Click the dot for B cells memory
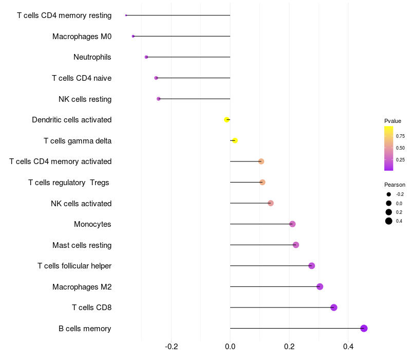point(364,328)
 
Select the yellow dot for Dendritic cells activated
point(227,120)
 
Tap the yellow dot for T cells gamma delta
point(235,140)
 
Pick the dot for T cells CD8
point(333,308)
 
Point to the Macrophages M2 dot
point(320,286)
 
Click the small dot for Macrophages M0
point(133,36)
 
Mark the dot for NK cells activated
point(271,203)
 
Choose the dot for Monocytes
point(292,224)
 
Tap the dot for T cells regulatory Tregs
point(263,182)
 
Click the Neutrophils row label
point(92,57)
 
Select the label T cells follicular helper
point(74,266)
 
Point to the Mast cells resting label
point(82,245)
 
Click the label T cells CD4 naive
point(82,78)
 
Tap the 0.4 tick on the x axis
point(348,347)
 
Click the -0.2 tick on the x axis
point(172,347)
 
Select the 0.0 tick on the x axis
point(230,347)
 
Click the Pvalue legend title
point(393,121)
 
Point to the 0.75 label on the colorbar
point(400,136)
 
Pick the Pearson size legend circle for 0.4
point(389,221)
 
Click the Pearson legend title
point(395,185)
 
